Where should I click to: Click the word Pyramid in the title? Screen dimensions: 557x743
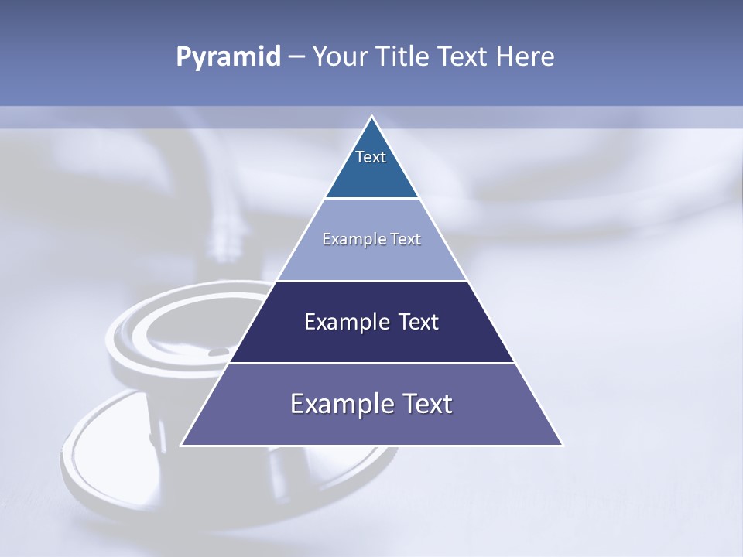click(228, 57)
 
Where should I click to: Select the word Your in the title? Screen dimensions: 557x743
click(340, 57)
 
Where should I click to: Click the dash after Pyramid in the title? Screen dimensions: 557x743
click(296, 58)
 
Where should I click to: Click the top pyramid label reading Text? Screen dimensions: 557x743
click(371, 157)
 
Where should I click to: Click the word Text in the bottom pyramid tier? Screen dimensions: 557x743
click(426, 404)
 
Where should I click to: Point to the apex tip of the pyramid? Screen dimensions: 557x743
click(371, 117)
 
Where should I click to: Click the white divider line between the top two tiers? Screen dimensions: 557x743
click(371, 198)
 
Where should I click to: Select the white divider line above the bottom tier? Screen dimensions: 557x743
click(371, 363)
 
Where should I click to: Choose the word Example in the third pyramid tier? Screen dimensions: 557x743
click(346, 322)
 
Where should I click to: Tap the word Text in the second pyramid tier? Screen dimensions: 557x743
click(403, 239)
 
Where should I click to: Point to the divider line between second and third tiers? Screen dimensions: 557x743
click(371, 281)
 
